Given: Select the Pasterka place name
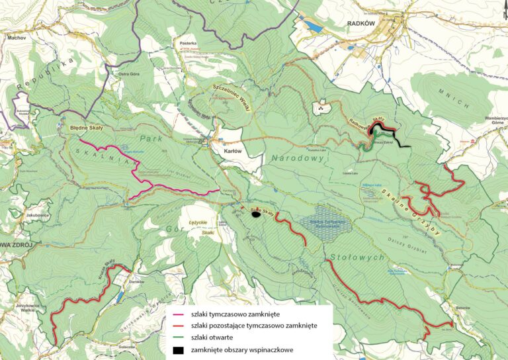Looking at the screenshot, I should [x=188, y=41].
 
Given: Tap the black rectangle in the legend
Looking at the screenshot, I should [x=178, y=349].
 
